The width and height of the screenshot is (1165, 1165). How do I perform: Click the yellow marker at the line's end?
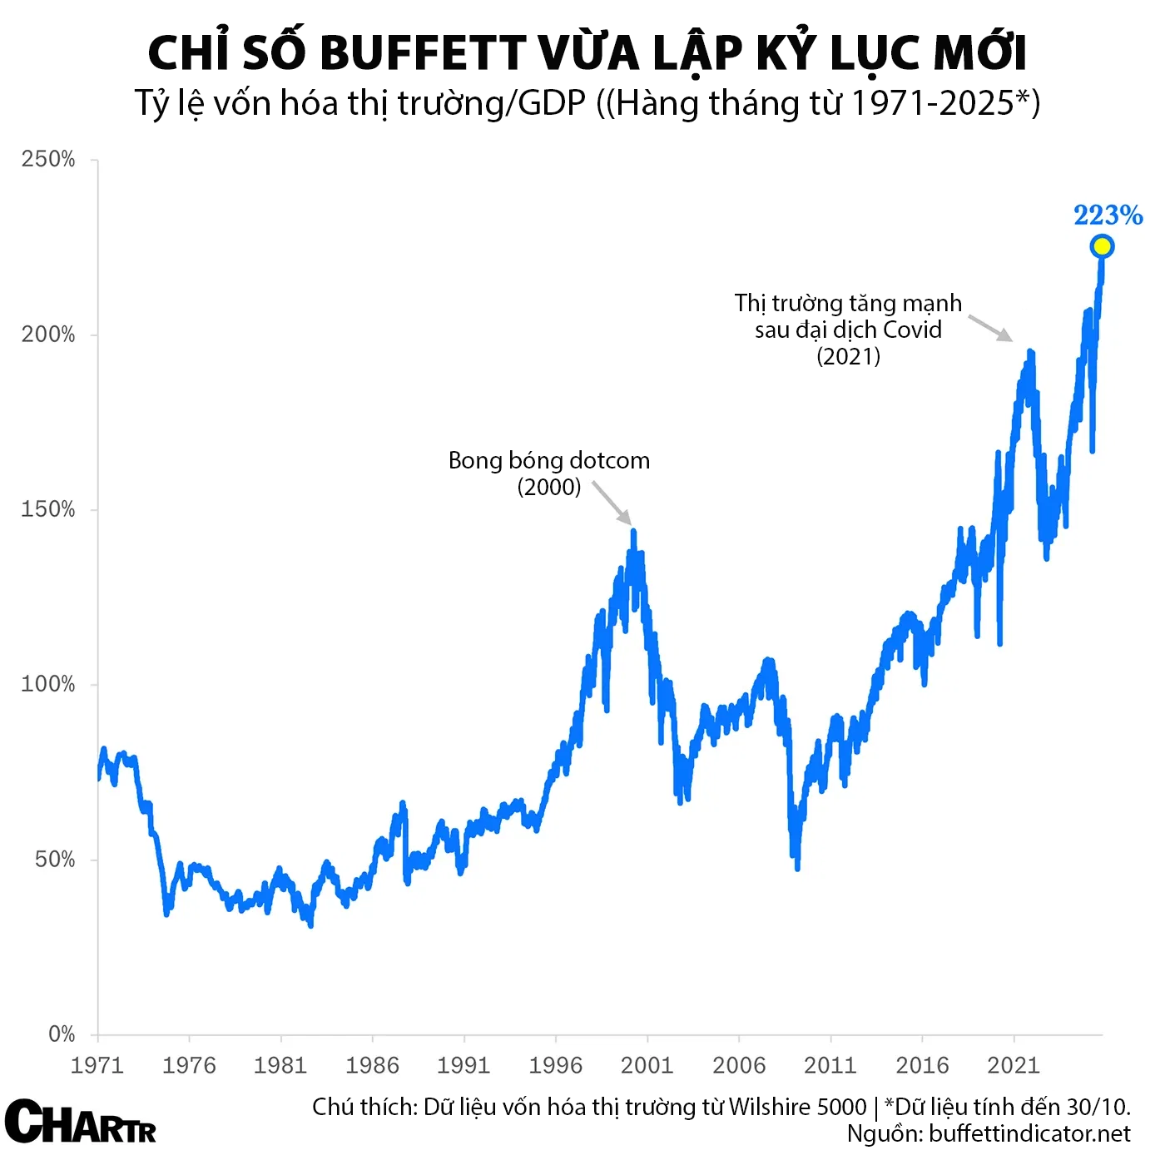click(x=1102, y=246)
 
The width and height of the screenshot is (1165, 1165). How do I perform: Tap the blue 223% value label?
click(x=1108, y=216)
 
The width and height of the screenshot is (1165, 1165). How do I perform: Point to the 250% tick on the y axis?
click(x=48, y=160)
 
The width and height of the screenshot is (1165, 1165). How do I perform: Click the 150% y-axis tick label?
click(x=48, y=509)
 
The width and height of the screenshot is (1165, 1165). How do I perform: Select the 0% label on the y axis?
click(x=62, y=1034)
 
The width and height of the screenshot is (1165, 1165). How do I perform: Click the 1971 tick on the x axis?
click(x=97, y=1065)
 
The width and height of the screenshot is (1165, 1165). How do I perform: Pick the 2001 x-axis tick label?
click(x=647, y=1065)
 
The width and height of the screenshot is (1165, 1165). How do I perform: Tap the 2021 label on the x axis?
click(x=1013, y=1065)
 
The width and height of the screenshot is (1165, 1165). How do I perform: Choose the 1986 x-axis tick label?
click(x=372, y=1065)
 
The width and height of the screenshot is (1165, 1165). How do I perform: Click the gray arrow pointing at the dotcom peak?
click(x=612, y=503)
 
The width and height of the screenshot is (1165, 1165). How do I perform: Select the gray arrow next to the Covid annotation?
click(x=990, y=327)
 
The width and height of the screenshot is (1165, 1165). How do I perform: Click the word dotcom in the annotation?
click(x=607, y=460)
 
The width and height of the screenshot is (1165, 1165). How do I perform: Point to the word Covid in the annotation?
click(x=912, y=330)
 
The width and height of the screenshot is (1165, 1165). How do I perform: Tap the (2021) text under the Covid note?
click(x=848, y=356)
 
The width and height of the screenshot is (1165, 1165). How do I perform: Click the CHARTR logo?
click(x=81, y=1122)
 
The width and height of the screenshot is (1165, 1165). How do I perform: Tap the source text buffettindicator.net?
click(x=1029, y=1133)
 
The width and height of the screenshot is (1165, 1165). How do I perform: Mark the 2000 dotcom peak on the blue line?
click(x=633, y=531)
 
